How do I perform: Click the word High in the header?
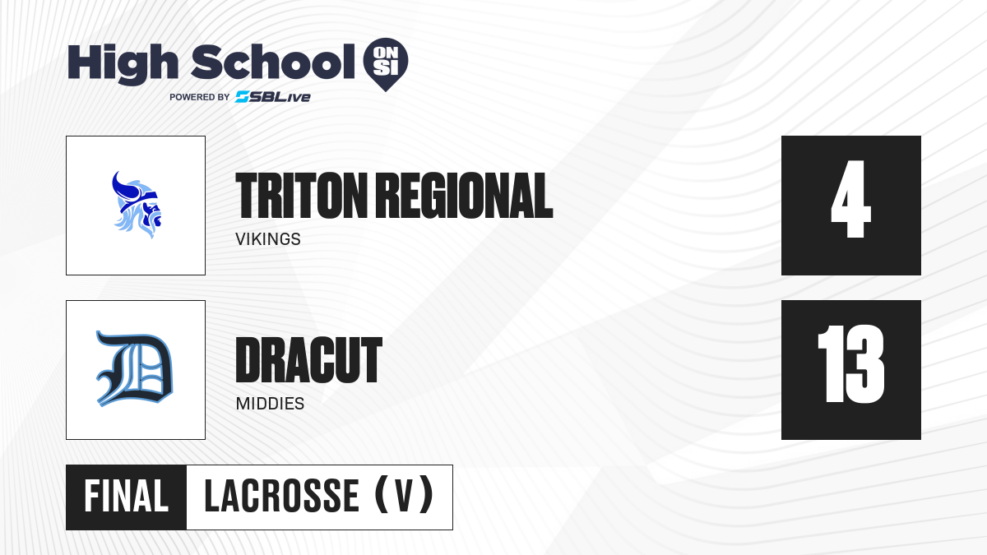tap(123, 64)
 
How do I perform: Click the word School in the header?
tap(273, 62)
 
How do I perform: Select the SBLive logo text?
tap(273, 97)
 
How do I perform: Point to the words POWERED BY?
tap(200, 97)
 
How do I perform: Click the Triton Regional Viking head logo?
tap(137, 205)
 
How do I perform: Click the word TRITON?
tap(301, 196)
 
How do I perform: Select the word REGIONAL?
tap(466, 196)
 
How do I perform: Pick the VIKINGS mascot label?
tap(268, 239)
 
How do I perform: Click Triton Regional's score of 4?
tap(850, 199)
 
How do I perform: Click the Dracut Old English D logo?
tap(135, 368)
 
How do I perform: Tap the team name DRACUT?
tap(309, 360)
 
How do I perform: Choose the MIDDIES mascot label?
tap(270, 404)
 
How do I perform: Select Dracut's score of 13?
tap(850, 363)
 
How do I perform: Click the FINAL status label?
tap(127, 497)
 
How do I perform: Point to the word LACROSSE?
tap(282, 497)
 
